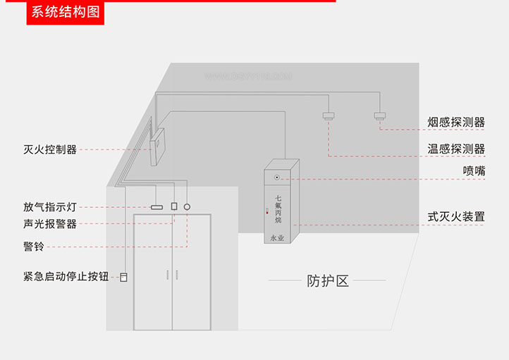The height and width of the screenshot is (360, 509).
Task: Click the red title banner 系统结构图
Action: pyautogui.click(x=65, y=12)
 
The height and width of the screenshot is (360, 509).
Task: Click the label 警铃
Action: pyautogui.click(x=33, y=246)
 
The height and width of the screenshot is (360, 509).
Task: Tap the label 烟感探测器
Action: pyautogui.click(x=456, y=123)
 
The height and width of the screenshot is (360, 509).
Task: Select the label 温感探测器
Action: pyautogui.click(x=456, y=149)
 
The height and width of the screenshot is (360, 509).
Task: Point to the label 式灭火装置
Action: pyautogui.click(x=456, y=216)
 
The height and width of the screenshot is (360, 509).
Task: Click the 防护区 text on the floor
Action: pyautogui.click(x=328, y=281)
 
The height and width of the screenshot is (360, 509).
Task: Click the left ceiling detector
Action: pyautogui.click(x=328, y=116)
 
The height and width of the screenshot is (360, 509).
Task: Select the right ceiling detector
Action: pyautogui.click(x=381, y=116)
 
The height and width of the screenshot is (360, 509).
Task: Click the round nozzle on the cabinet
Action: pyautogui.click(x=277, y=178)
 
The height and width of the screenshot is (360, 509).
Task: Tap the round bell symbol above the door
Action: pyautogui.click(x=187, y=208)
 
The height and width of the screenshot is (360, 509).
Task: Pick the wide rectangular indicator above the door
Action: pyautogui.click(x=157, y=207)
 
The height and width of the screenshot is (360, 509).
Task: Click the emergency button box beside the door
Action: pyautogui.click(x=124, y=277)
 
